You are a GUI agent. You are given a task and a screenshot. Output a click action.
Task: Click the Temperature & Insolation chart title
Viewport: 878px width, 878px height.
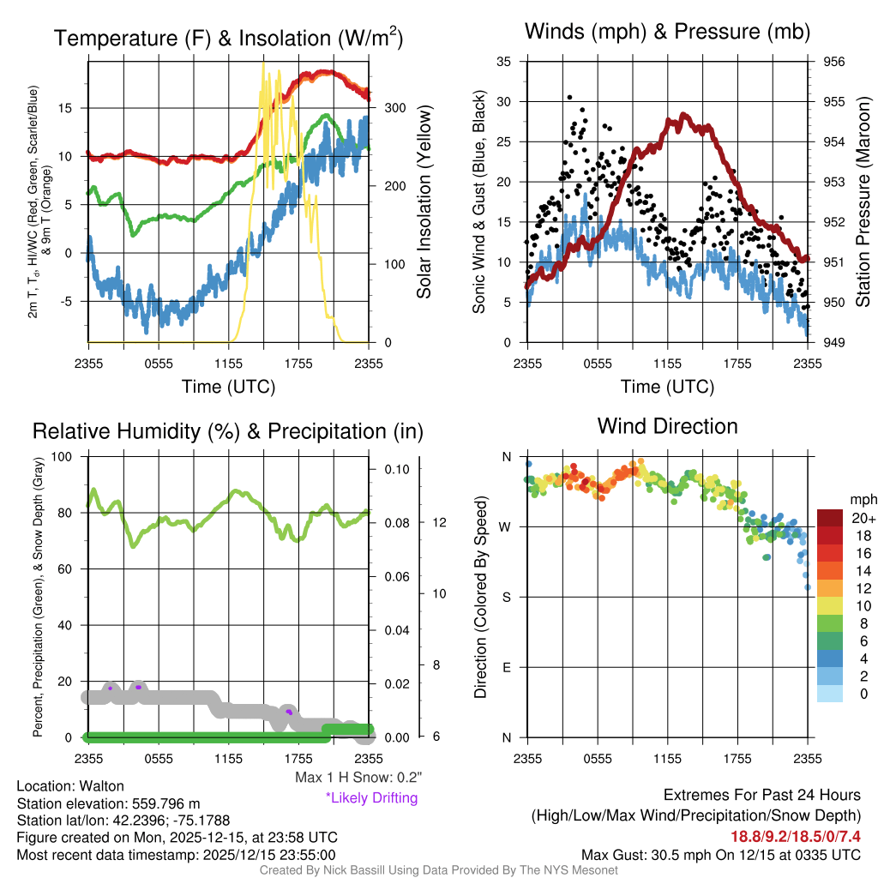[x=229, y=39]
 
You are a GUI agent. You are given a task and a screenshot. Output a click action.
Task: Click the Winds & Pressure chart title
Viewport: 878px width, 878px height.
[x=668, y=32]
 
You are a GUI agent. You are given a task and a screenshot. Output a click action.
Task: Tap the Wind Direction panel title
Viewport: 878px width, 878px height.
[x=667, y=425]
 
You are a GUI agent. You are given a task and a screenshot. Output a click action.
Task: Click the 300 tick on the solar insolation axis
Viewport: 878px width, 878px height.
[x=395, y=108]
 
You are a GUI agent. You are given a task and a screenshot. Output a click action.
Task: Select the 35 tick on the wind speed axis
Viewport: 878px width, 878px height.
[x=504, y=62]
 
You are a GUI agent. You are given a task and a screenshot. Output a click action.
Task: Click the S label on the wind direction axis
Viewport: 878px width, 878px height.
[x=507, y=597]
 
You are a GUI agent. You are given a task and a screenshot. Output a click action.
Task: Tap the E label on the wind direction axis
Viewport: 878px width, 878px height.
[x=507, y=667]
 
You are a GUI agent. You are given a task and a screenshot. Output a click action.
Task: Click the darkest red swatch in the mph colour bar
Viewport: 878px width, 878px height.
[x=830, y=518]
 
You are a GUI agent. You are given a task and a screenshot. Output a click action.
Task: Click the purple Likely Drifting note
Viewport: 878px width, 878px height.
[x=371, y=797]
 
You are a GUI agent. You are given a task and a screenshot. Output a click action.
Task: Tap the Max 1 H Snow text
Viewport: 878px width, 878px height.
[x=358, y=778]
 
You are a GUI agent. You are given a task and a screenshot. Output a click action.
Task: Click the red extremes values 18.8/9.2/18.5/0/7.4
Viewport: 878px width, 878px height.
[x=796, y=835]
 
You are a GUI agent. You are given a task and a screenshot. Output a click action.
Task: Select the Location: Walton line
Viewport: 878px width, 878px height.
[x=70, y=785]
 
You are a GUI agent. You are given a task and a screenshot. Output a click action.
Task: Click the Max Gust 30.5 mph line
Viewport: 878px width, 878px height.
[x=720, y=854]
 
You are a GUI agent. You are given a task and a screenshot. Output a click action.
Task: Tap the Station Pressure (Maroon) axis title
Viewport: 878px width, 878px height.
[x=863, y=202]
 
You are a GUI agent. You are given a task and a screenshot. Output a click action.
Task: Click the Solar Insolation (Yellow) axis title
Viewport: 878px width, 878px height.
[x=424, y=202]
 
